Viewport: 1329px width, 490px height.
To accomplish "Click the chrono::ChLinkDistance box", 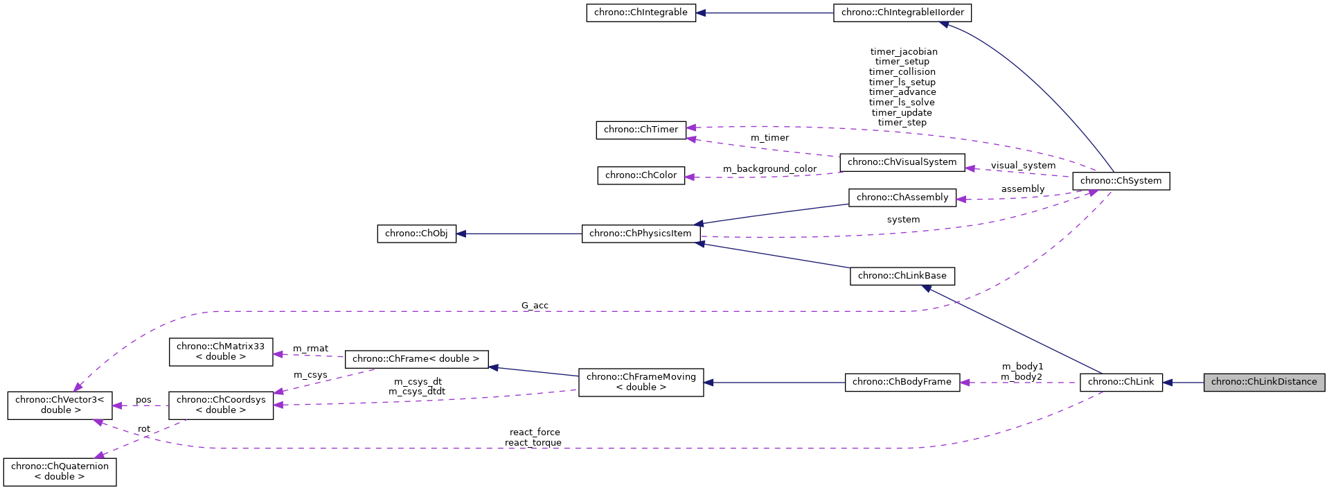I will [1264, 382].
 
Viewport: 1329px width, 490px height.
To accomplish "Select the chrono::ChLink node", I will [1121, 382].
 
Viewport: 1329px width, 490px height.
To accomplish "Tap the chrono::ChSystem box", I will [1121, 181].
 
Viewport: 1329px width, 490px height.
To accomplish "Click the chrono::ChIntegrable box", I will [641, 12].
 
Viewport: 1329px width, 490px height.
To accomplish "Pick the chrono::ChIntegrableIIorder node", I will [902, 12].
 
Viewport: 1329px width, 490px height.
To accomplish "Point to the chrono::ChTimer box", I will [641, 130].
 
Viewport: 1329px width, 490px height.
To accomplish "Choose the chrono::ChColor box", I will [641, 175].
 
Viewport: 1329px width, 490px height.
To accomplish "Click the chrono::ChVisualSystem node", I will [902, 162].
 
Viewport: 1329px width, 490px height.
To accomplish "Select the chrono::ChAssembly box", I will [902, 198].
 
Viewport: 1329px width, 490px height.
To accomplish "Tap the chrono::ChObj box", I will [416, 234].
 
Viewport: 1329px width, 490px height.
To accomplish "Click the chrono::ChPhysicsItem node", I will [641, 234].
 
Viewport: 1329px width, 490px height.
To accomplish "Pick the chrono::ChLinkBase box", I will [902, 276].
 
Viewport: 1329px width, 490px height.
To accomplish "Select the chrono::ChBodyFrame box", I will [902, 382].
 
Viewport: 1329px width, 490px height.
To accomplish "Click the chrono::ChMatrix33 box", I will [221, 351].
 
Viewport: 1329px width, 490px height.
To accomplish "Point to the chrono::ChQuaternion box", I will [60, 471].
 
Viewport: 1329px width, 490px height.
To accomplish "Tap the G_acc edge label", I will [535, 306].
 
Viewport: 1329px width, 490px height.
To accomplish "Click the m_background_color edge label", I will [769, 169].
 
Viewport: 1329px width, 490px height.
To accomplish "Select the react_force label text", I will [535, 432].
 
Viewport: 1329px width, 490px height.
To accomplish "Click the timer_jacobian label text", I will [903, 52].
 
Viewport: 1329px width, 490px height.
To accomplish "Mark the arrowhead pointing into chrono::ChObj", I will [462, 234].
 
